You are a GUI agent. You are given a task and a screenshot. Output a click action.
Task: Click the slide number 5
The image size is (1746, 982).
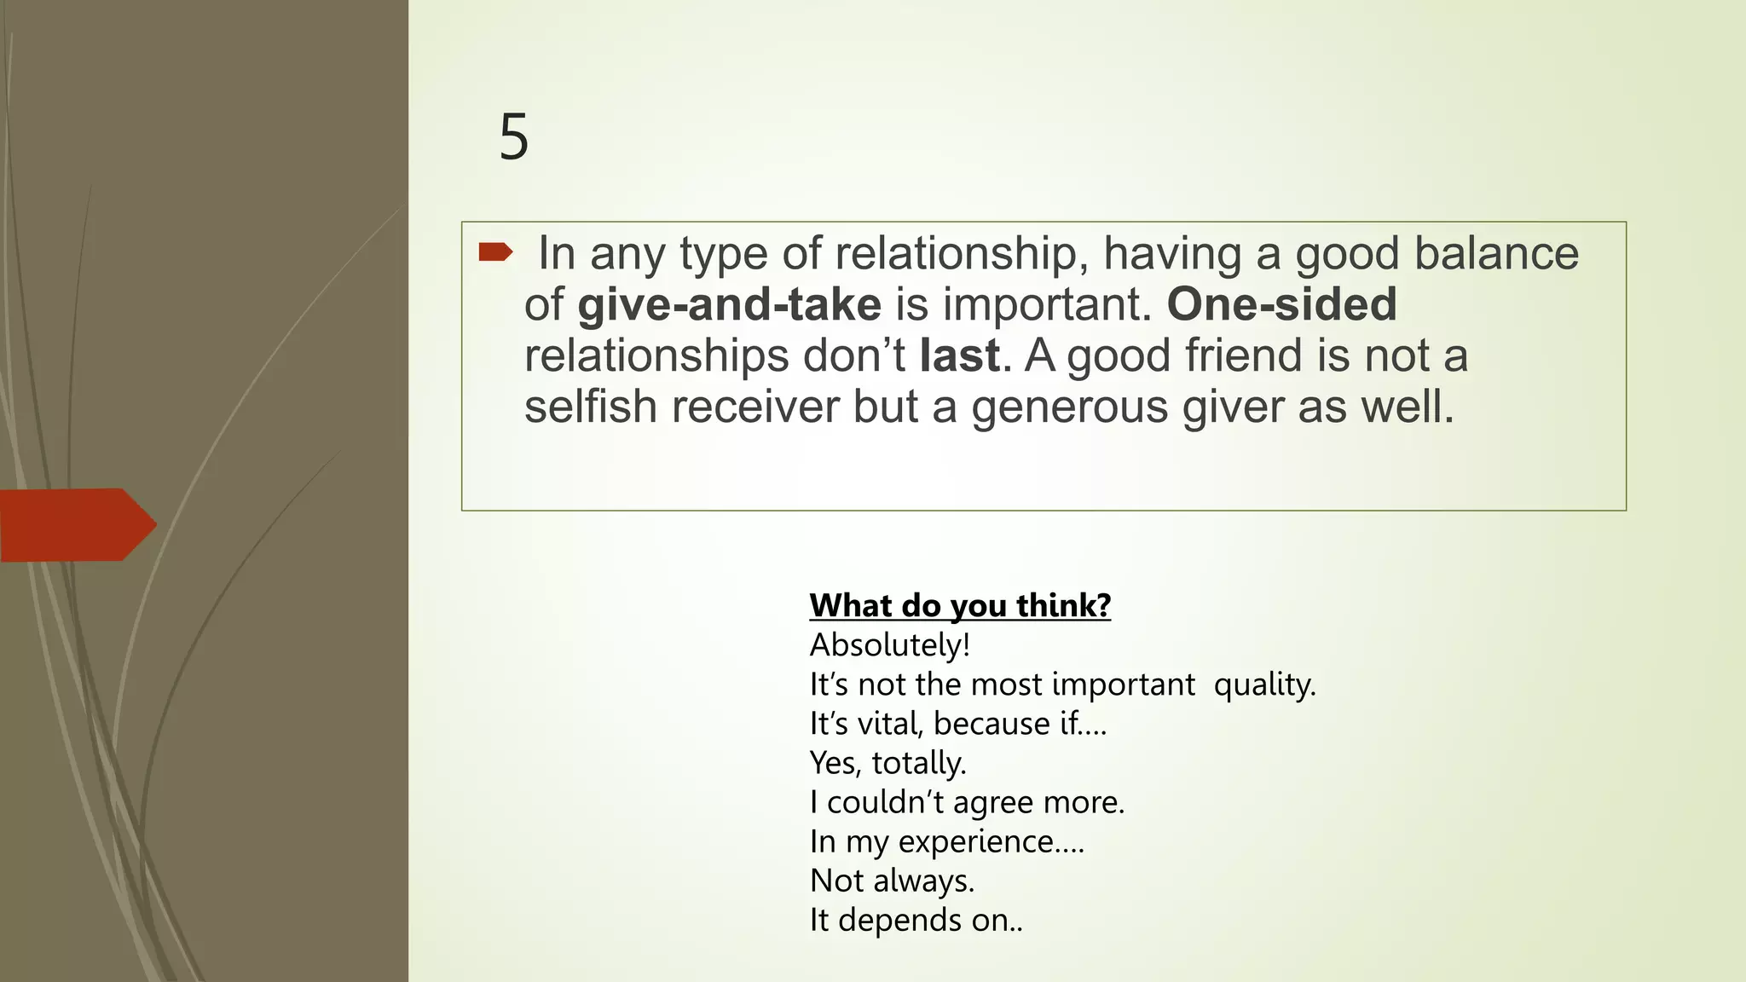click(x=513, y=137)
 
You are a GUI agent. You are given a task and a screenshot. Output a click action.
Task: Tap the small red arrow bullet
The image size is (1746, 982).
click(x=495, y=251)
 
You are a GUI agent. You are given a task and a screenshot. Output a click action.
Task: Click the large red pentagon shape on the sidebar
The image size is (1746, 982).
click(x=77, y=525)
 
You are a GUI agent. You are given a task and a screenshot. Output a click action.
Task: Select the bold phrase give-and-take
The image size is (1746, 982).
click(x=729, y=304)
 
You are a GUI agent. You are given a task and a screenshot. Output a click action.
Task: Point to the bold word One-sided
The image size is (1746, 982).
click(x=1281, y=304)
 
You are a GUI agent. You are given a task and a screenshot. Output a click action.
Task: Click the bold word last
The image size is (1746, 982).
click(x=959, y=355)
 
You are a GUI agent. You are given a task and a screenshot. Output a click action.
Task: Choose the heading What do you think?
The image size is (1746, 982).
click(x=960, y=605)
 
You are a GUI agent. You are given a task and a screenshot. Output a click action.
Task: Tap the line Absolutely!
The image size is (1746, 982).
click(x=890, y=645)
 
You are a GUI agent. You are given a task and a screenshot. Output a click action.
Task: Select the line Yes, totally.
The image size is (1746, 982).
click(x=887, y=763)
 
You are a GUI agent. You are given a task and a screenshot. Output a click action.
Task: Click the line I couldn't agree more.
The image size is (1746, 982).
click(x=967, y=802)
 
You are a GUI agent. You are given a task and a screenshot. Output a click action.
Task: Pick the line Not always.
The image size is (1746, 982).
click(x=892, y=881)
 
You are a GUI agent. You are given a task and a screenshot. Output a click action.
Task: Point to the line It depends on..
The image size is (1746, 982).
click(x=916, y=920)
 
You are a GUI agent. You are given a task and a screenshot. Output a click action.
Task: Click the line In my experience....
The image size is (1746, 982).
click(x=946, y=841)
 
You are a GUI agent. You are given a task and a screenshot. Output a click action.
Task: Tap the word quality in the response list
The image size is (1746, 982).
click(x=1264, y=685)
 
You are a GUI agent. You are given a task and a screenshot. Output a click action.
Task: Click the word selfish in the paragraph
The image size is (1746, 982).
click(x=590, y=407)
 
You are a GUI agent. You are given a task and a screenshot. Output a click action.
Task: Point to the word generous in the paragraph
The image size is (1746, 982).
click(x=1070, y=407)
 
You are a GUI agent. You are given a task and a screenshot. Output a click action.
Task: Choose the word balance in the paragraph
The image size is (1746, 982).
click(x=1495, y=253)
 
